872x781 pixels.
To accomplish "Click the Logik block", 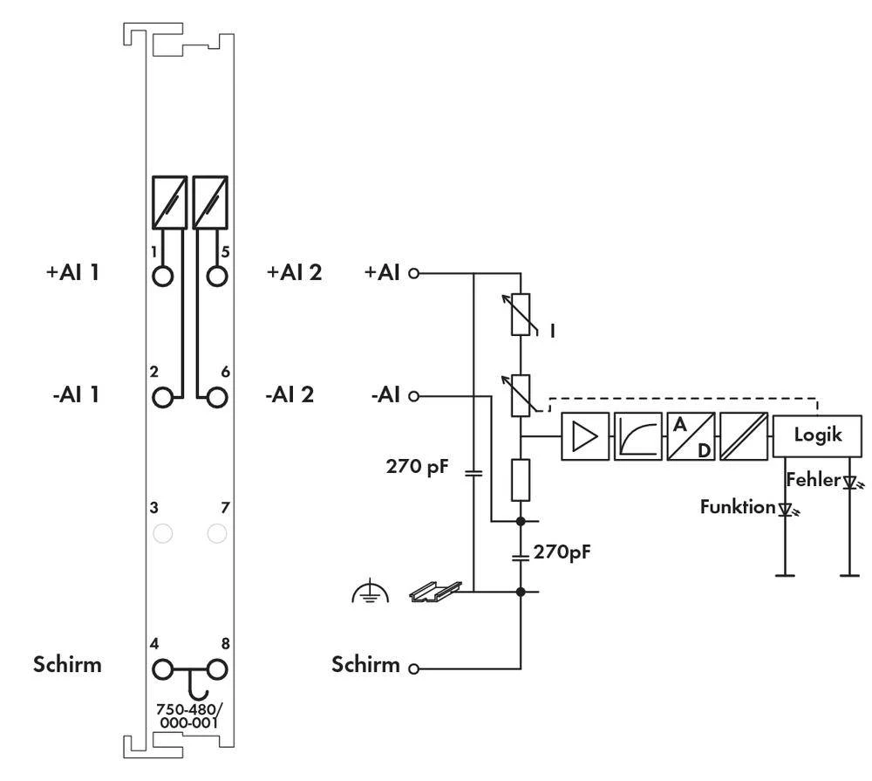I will point(817,435).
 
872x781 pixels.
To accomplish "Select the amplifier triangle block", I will point(584,435).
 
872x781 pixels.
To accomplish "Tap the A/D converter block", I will point(691,435).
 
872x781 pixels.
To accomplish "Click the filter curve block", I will point(637,435).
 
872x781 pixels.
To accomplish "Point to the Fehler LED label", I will point(813,480).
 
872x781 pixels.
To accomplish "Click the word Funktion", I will point(737,506).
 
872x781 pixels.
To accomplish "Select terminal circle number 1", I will point(162,276).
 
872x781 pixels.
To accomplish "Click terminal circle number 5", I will point(217,276).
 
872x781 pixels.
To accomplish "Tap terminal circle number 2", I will point(162,397).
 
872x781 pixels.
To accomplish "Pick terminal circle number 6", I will point(217,397).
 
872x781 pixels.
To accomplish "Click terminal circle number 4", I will point(162,670).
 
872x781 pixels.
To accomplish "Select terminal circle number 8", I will point(217,670).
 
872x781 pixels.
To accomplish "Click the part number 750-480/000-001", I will point(189,716).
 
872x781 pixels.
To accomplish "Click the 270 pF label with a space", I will point(418,466).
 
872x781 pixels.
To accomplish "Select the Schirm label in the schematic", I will point(365,665).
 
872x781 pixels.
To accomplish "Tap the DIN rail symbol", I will point(433,593).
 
